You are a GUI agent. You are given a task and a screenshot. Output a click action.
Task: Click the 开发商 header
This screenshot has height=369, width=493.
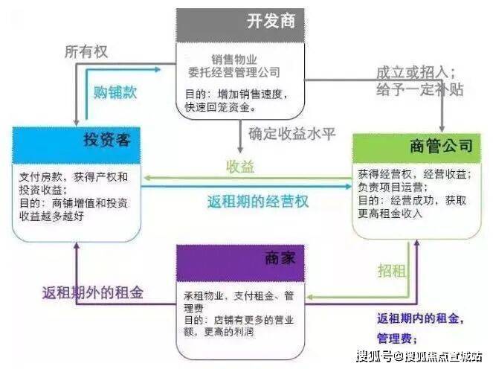pyautogui.click(x=271, y=20)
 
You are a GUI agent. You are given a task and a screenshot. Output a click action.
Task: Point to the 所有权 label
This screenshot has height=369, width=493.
pyautogui.click(x=86, y=53)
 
